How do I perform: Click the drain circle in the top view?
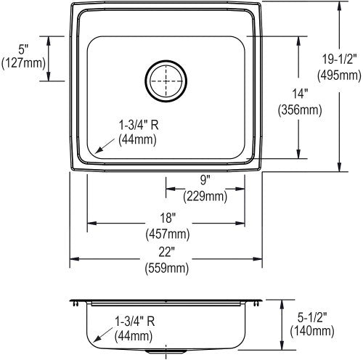click(166, 61)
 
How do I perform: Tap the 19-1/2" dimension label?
click(339, 60)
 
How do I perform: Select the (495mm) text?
click(339, 75)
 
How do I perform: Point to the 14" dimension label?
click(300, 94)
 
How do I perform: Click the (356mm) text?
click(300, 110)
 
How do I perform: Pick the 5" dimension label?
click(23, 50)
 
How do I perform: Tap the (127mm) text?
click(23, 63)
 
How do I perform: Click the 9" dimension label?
click(205, 180)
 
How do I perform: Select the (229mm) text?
click(205, 196)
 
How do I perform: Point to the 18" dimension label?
click(168, 218)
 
